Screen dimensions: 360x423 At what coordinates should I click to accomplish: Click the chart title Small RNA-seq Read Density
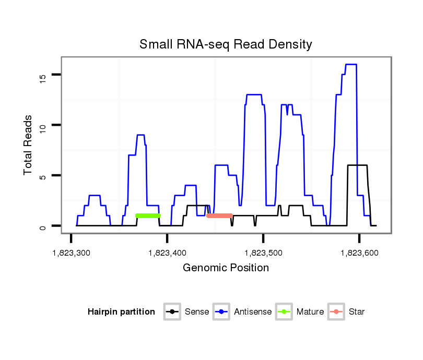pos(226,44)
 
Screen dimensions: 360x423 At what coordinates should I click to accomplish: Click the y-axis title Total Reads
pos(29,145)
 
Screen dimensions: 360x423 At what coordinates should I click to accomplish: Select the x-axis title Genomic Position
pos(226,268)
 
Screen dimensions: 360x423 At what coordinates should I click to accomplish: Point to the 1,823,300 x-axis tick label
pos(71,253)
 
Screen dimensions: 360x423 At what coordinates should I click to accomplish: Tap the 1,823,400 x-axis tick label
pos(167,253)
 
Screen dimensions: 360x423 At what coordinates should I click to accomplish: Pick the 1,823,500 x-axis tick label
pos(263,253)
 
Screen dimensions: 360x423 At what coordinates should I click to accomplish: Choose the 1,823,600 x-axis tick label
pos(359,253)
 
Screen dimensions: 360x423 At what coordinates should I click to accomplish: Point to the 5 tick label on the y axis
pos(43,176)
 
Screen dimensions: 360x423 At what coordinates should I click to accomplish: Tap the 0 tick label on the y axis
pos(43,226)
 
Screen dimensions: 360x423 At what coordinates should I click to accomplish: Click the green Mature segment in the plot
pos(147,215)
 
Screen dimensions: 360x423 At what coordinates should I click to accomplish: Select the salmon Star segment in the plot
pos(219,215)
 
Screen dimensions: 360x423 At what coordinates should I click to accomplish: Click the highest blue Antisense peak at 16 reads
pos(351,65)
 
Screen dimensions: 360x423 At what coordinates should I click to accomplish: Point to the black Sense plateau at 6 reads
pos(358,165)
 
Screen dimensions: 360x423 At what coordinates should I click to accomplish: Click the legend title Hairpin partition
pos(121,312)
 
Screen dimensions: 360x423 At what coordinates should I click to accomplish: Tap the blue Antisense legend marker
pos(221,312)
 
